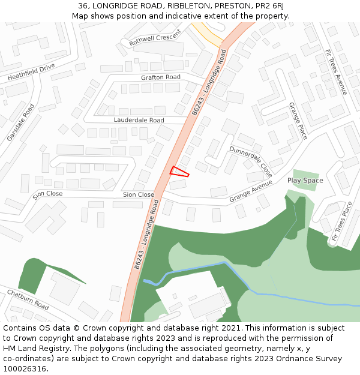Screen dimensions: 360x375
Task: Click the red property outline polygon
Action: point(179,172)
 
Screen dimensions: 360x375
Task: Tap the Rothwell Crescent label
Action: point(155,38)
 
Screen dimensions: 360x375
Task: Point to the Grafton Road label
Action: point(160,77)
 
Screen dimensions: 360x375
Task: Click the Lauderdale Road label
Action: point(139,120)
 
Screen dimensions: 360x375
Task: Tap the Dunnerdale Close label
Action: point(251,161)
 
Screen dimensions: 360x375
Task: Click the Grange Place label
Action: point(298,121)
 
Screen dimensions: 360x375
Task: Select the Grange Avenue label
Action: point(251,193)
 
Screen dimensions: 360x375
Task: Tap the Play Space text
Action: point(305,181)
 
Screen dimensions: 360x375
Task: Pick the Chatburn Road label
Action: point(28,299)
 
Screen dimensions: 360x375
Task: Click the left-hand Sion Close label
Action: point(47,194)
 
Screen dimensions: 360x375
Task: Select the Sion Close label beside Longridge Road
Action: point(138,194)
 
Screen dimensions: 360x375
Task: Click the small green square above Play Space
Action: point(305,181)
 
